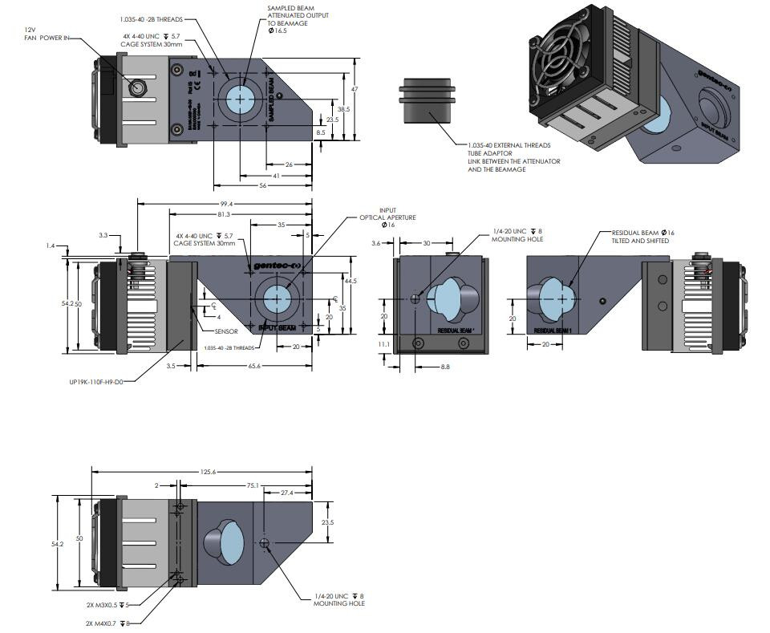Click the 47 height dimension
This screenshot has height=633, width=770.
(355, 89)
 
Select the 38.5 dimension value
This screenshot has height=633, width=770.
(343, 109)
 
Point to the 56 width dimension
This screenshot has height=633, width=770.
(262, 185)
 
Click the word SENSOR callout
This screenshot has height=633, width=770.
(227, 331)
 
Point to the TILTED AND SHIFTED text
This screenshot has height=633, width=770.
(640, 241)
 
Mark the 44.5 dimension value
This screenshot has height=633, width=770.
(350, 282)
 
